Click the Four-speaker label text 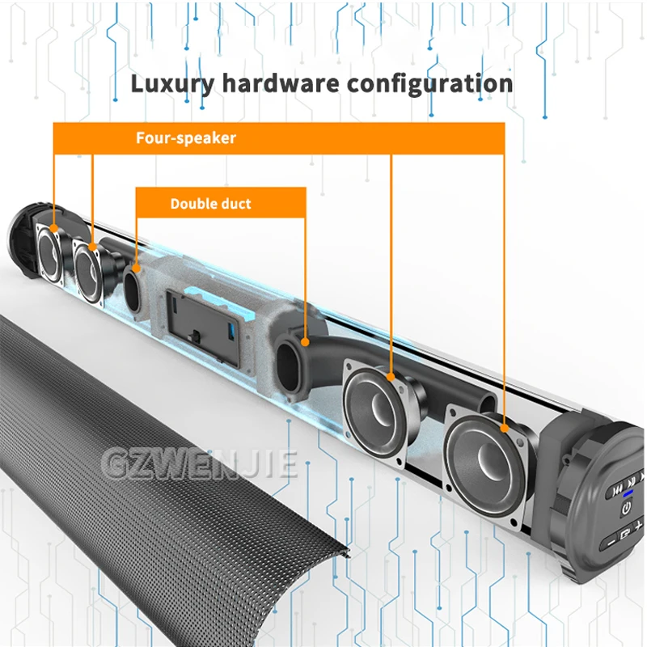[x=186, y=137]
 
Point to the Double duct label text [x=210, y=204]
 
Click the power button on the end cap [x=624, y=509]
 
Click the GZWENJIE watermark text [x=198, y=464]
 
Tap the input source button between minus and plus [x=624, y=534]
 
